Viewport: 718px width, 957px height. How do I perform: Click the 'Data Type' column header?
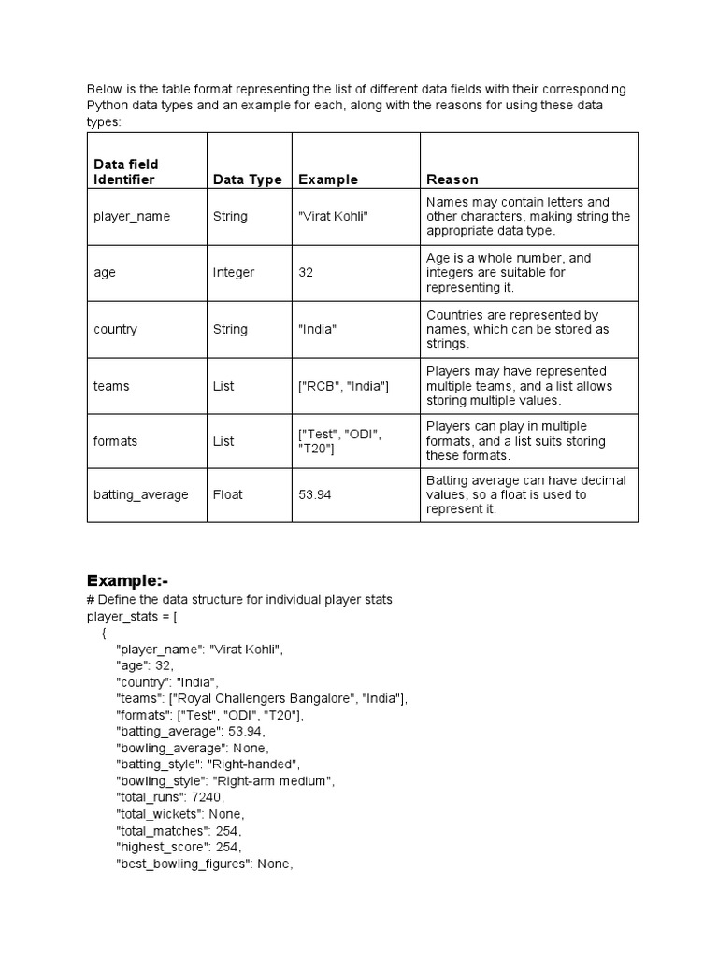[x=247, y=179]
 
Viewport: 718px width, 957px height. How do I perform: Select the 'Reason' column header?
[x=452, y=179]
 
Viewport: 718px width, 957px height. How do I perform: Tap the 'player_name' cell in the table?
[x=132, y=216]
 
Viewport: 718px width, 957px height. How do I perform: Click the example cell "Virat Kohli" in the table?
[x=334, y=216]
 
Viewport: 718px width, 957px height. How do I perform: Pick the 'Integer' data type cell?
[x=234, y=273]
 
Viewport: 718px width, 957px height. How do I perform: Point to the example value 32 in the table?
[x=307, y=273]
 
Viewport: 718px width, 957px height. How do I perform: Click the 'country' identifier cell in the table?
[x=115, y=329]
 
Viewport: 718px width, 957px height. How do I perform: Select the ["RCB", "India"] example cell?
[x=343, y=386]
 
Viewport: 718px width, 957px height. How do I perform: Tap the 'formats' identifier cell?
[x=116, y=441]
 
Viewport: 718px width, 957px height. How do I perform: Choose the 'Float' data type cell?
[x=227, y=494]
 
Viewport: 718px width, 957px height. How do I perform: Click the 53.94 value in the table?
[x=315, y=494]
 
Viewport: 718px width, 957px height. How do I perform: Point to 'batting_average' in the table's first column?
[x=140, y=494]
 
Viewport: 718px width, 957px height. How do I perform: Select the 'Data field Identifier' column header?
[x=125, y=172]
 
